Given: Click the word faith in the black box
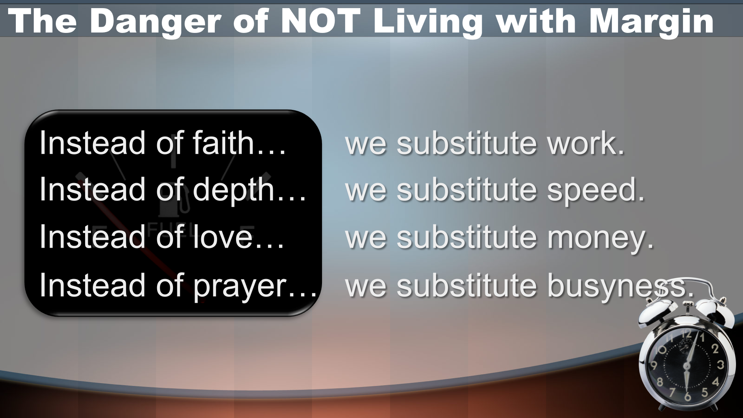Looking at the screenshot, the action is pyautogui.click(x=223, y=142).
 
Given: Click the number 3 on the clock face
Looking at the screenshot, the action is pyautogui.click(x=721, y=364).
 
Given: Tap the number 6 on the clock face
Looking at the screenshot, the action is pyautogui.click(x=687, y=396).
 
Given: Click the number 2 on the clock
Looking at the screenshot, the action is pyautogui.click(x=715, y=348).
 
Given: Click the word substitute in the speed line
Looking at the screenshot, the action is pyautogui.click(x=467, y=189).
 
